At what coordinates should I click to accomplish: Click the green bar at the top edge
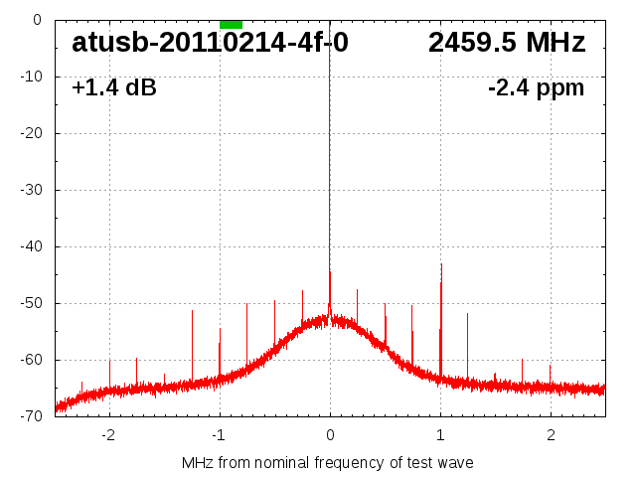coord(231,24)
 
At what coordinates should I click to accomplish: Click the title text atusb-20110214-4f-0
coord(210,44)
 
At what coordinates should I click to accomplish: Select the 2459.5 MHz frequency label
coord(507,44)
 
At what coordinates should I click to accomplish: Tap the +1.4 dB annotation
coord(114,88)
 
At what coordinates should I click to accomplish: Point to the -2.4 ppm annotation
coord(536,88)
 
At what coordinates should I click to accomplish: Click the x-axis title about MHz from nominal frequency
coord(328,462)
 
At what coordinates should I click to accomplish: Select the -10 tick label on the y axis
coord(30,77)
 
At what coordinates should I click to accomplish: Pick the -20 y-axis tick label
coord(30,133)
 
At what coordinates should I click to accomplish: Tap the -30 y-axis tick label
coord(30,190)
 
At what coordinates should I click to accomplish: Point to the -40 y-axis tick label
coord(30,246)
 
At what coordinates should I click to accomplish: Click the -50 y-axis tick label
coord(30,303)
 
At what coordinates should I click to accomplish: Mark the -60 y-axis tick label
coord(30,360)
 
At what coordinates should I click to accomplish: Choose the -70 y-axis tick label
coord(30,416)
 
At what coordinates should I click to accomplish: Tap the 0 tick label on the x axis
coord(330,434)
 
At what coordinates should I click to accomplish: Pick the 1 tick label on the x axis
coord(440,434)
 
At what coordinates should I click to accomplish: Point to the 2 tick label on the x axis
coord(551,434)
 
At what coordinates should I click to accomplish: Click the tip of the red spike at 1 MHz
coord(441,264)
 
